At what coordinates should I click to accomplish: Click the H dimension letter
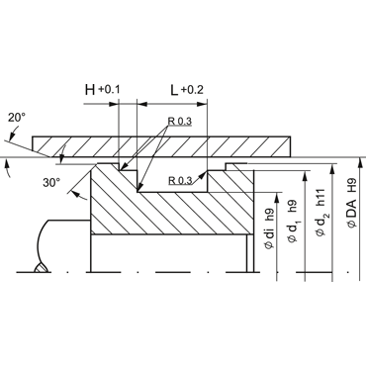click(x=90, y=90)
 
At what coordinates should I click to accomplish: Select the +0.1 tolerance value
click(x=109, y=89)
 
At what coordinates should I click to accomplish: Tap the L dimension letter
click(x=174, y=90)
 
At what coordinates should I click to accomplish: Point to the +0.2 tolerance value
click(x=192, y=89)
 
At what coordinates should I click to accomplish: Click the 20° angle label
click(x=17, y=117)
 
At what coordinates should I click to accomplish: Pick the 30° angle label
click(x=51, y=182)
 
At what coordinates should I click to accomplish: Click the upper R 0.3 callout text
click(x=180, y=122)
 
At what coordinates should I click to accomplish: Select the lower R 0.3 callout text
click(x=180, y=180)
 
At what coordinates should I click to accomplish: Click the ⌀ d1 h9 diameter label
click(x=293, y=222)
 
